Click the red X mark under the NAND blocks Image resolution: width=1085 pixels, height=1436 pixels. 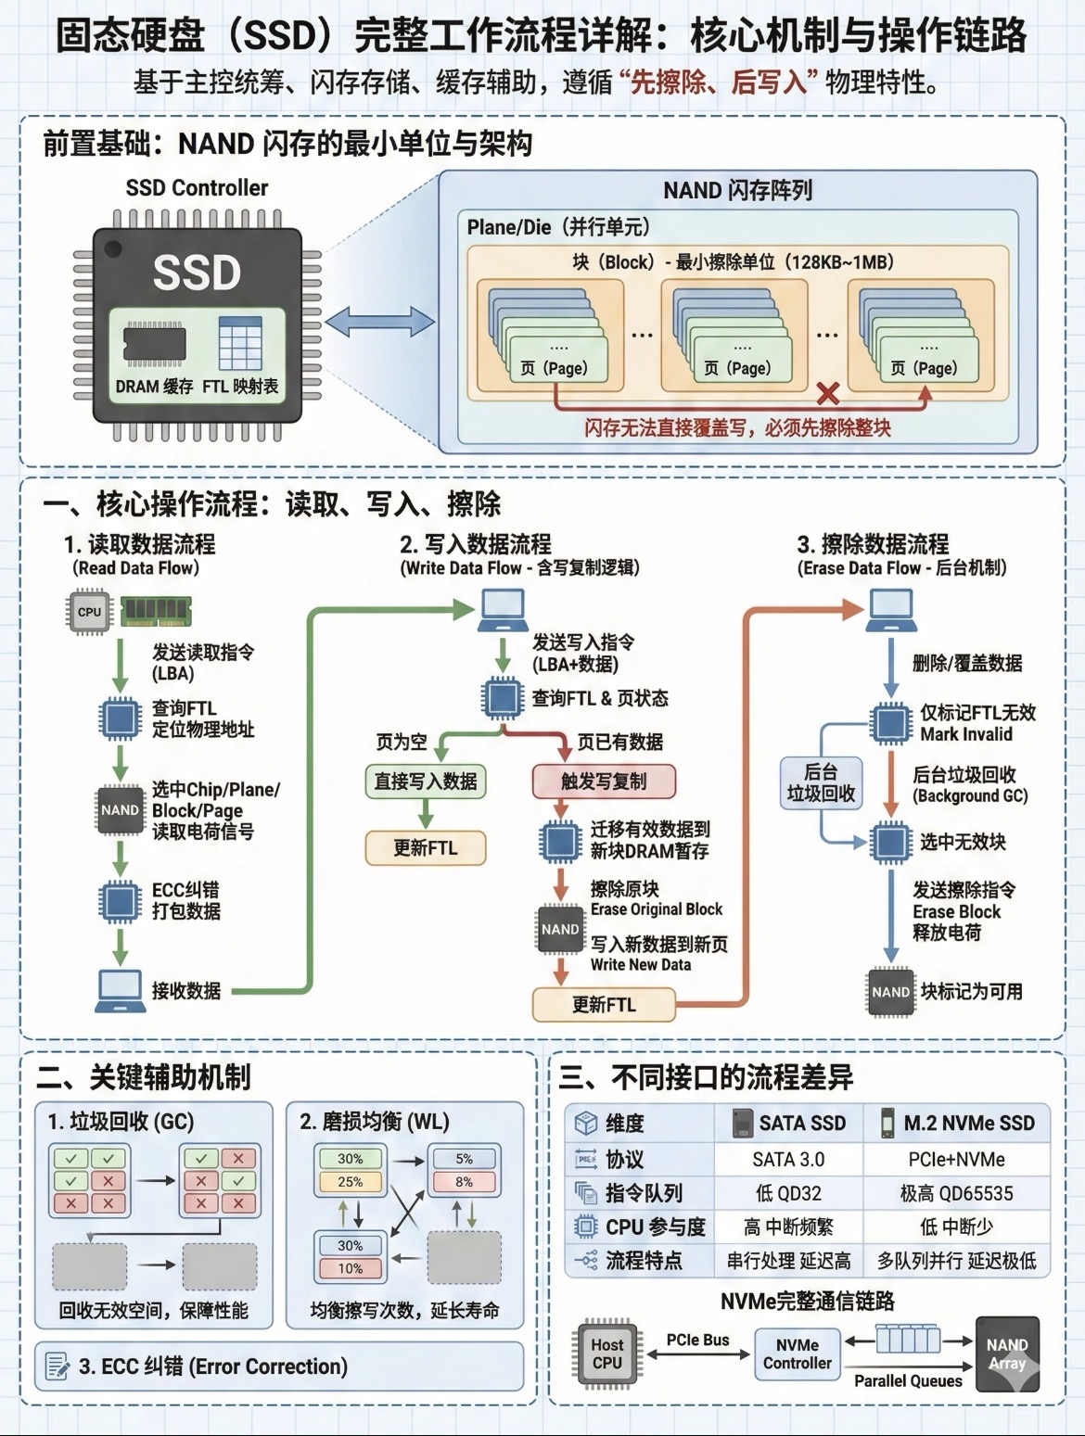[x=828, y=393]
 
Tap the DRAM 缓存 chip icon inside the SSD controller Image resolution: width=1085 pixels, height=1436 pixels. [x=154, y=343]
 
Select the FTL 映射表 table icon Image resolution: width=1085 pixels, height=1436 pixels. [x=239, y=343]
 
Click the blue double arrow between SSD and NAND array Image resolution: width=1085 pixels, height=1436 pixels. [x=379, y=323]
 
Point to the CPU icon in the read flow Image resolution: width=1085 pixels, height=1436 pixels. [x=89, y=612]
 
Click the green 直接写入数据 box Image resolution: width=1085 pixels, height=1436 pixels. [x=426, y=782]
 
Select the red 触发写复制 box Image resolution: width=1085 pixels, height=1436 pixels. [x=604, y=782]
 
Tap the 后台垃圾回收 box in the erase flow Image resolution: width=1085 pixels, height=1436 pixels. [x=821, y=783]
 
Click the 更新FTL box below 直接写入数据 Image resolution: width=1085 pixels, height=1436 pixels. [x=426, y=847]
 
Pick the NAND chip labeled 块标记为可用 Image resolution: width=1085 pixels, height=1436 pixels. [x=890, y=992]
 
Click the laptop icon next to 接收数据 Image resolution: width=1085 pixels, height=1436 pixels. [x=120, y=990]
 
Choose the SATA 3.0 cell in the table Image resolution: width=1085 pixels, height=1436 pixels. [x=788, y=1160]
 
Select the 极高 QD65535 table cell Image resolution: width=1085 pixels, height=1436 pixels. [x=956, y=1193]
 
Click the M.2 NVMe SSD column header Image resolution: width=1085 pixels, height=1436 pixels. [x=957, y=1124]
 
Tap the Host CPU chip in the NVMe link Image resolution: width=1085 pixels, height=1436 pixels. [x=607, y=1353]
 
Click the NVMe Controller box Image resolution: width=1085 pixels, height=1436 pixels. [x=798, y=1353]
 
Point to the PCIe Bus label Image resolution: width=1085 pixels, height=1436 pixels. [x=697, y=1340]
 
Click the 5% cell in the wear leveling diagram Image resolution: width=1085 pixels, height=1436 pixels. [x=464, y=1159]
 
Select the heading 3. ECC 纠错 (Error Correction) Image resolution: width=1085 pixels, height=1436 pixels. [x=213, y=1366]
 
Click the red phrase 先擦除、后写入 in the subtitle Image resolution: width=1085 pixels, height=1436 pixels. [x=719, y=83]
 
